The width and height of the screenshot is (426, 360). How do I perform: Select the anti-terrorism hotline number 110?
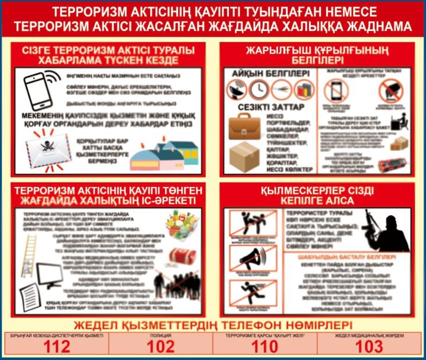point(265,347)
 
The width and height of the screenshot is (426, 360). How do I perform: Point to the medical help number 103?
point(369,347)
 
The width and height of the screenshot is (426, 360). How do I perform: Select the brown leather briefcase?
point(244,125)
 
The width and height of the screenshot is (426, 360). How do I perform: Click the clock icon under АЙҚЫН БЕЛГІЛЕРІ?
point(258,89)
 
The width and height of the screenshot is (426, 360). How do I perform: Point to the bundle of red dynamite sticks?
point(392,165)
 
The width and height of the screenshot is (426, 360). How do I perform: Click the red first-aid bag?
point(182,256)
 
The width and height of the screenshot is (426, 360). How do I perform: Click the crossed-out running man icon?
point(245,293)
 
